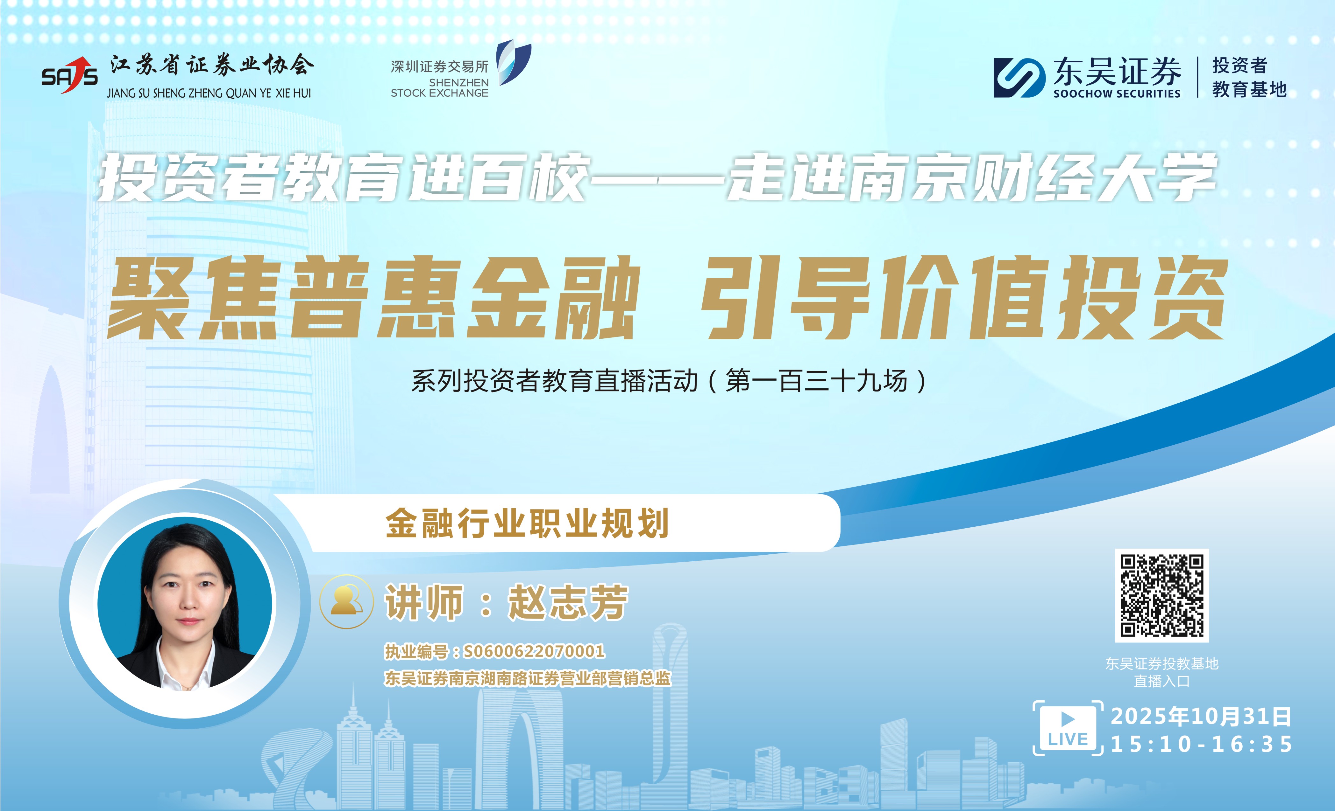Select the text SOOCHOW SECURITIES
pos(1117,94)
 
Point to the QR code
pos(1161,595)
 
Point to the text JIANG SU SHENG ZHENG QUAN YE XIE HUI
pos(209,93)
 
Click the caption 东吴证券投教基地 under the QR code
pos(1161,663)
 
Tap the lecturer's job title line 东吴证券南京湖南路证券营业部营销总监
pos(527,678)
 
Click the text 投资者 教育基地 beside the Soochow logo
pos(1249,77)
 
